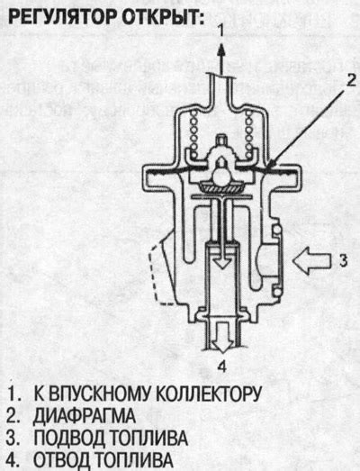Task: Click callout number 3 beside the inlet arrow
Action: click(x=343, y=261)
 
